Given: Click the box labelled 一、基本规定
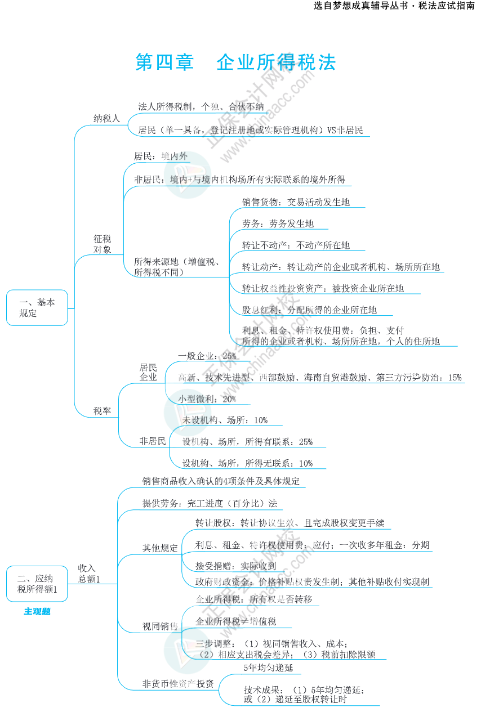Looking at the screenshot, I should (37, 308).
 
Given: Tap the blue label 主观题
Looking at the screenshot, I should (37, 612).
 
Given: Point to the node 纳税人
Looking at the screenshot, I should (106, 118).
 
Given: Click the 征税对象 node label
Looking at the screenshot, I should (103, 244).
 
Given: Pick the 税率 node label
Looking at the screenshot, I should (103, 411).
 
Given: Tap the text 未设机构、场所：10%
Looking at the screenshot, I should (225, 420).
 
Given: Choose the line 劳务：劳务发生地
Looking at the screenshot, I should (278, 224).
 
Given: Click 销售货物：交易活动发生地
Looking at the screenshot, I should (296, 202).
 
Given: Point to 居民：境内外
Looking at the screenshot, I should (161, 156).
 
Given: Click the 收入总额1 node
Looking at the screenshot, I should (89, 574).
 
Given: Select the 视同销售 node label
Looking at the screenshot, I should (160, 626).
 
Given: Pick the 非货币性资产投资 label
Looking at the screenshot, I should (178, 684).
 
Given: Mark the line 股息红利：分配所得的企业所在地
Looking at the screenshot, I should (309, 310).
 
